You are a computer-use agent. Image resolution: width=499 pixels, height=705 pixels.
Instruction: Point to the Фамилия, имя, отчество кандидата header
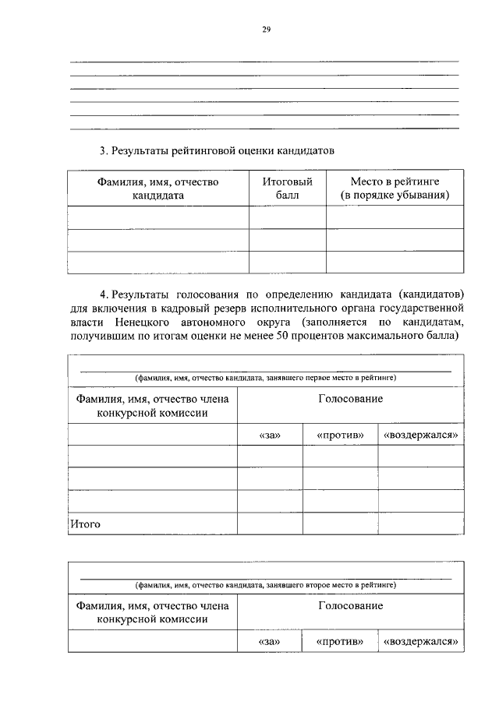pyautogui.click(x=158, y=189)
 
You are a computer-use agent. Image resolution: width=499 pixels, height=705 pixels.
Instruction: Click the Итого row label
pyautogui.click(x=86, y=524)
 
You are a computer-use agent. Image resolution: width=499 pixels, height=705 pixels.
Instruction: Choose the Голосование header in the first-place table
pyautogui.click(x=350, y=399)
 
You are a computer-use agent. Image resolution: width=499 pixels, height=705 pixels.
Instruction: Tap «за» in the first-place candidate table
pyautogui.click(x=269, y=435)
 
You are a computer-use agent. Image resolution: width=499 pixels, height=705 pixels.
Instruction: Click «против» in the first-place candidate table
pyautogui.click(x=341, y=435)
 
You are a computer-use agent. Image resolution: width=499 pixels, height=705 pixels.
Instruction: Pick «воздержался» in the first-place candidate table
pyautogui.click(x=420, y=435)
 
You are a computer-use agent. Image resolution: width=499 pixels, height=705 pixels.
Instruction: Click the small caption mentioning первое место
pyautogui.click(x=265, y=378)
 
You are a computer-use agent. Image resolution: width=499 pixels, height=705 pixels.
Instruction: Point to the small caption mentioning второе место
pyautogui.click(x=265, y=583)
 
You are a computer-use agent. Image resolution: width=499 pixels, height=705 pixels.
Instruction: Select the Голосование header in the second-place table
pyautogui.click(x=350, y=605)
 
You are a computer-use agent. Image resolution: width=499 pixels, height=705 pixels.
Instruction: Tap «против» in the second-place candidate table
pyautogui.click(x=341, y=642)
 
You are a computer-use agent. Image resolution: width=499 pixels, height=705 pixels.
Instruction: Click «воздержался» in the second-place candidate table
pyautogui.click(x=420, y=642)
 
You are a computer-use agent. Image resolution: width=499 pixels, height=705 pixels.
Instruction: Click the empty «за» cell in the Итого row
pyautogui.click(x=269, y=523)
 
